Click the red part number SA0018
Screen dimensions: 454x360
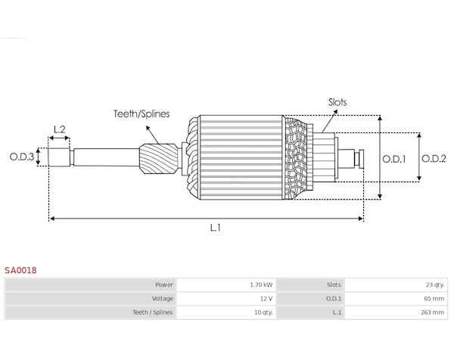20,270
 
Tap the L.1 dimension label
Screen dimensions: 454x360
216,228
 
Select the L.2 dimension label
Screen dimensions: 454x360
59,129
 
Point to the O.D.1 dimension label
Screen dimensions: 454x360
393,159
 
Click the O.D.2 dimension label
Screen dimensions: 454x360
434,159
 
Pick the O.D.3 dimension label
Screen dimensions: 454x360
22,157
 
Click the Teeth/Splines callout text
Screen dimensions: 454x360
141,113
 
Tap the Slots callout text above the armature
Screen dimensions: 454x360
337,102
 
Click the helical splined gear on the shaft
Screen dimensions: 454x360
159,159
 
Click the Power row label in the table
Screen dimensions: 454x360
164,285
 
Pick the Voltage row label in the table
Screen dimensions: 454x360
163,299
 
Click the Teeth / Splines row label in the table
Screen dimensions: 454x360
153,312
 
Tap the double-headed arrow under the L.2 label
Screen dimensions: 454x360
59,138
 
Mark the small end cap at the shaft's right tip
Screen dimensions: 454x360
362,159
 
